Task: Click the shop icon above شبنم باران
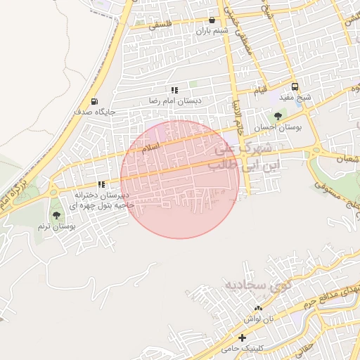click(x=212, y=20)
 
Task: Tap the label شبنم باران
click(x=212, y=31)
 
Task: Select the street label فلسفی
click(x=160, y=25)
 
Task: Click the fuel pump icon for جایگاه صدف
click(x=94, y=101)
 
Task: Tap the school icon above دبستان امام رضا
click(x=174, y=90)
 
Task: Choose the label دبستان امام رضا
click(x=174, y=101)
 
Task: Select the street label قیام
click(x=260, y=91)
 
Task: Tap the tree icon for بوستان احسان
click(x=278, y=117)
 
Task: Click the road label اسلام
click(x=150, y=148)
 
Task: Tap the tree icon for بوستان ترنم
click(x=56, y=215)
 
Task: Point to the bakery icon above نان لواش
click(x=258, y=309)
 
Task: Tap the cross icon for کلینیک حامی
click(x=242, y=338)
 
